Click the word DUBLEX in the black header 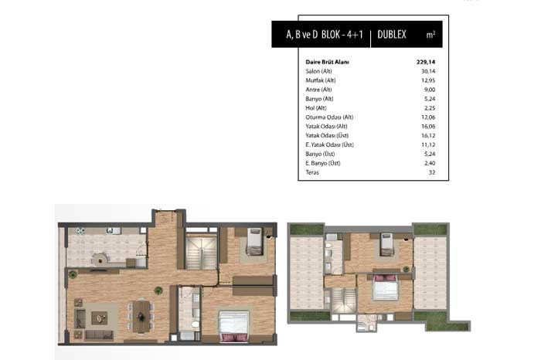(x=392, y=35)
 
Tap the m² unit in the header (x=430, y=35)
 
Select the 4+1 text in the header (x=355, y=35)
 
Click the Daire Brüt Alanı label (x=327, y=62)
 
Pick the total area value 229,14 (x=426, y=62)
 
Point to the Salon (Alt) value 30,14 (x=428, y=71)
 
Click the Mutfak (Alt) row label (x=321, y=80)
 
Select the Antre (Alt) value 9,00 (x=430, y=90)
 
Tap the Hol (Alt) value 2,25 (x=430, y=108)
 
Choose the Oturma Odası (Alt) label (x=329, y=117)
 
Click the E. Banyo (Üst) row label (x=322, y=163)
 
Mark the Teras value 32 (x=432, y=172)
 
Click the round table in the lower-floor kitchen (x=100, y=259)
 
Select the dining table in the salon (x=141, y=317)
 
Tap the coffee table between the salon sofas (x=100, y=318)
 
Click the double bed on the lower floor (x=234, y=327)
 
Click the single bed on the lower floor (x=254, y=241)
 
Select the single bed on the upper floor (x=386, y=244)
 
